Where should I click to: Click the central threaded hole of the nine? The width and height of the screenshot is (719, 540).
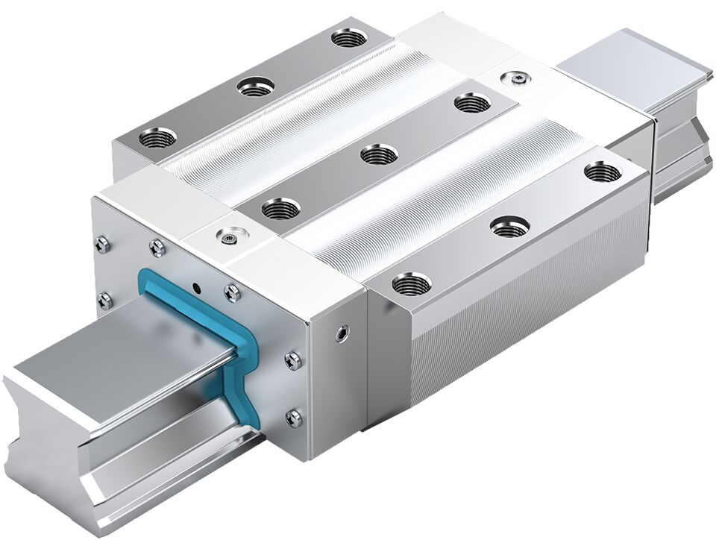tap(379, 155)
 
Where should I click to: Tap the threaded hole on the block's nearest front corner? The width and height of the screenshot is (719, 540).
tap(411, 283)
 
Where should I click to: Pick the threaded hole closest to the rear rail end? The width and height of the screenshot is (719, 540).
tap(602, 172)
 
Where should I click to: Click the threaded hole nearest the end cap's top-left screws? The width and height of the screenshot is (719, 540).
tap(157, 137)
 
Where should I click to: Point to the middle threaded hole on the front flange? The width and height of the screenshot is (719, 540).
tap(510, 226)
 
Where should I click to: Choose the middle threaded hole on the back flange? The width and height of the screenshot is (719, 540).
tap(255, 87)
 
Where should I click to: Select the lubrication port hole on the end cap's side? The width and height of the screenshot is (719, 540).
tap(342, 333)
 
